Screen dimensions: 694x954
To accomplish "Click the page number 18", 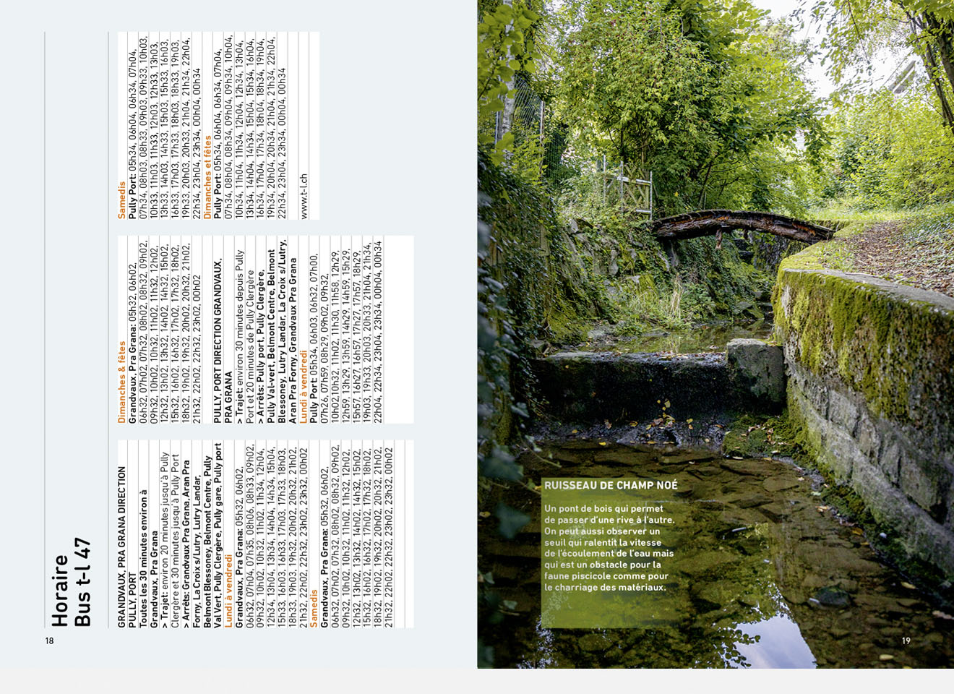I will [49, 641].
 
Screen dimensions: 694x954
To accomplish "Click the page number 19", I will [906, 641].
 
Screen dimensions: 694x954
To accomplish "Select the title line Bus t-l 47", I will [83, 581].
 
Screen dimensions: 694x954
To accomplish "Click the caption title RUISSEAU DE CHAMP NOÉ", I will [611, 486].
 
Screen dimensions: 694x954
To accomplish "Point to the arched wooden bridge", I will [741, 225].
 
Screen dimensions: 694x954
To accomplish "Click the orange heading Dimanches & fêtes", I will [122, 382].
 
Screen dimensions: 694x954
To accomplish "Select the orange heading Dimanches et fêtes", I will [207, 177].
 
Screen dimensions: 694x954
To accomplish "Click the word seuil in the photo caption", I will [555, 543].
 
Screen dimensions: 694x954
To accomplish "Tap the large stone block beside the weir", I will [755, 369].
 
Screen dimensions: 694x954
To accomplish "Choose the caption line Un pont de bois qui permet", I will [603, 509].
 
